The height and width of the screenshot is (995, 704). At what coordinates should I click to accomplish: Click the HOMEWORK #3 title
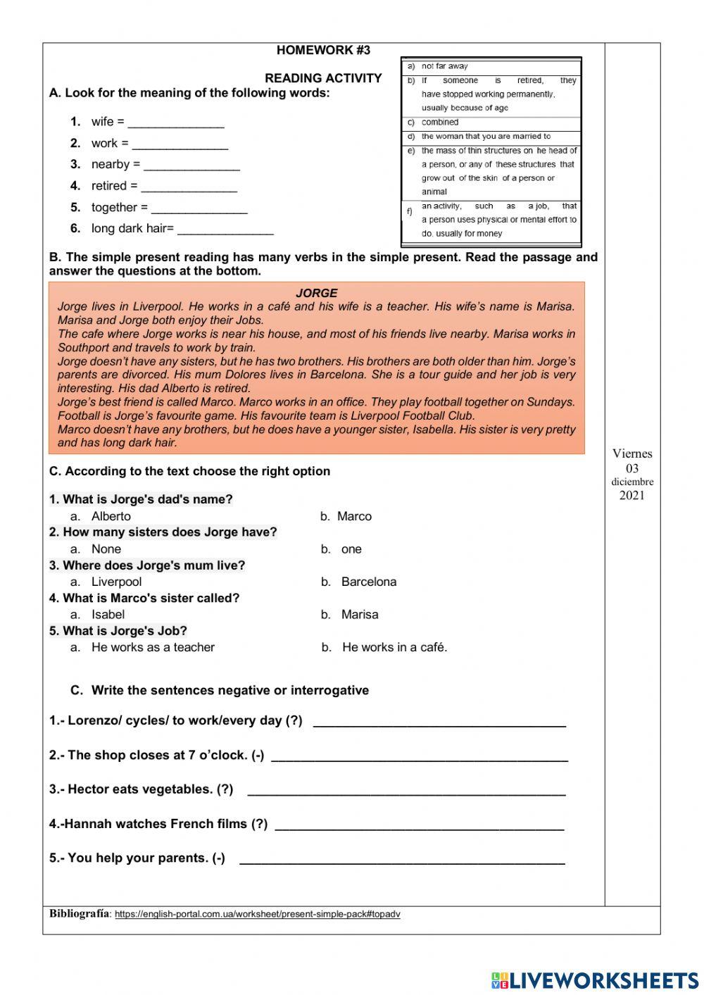tap(323, 50)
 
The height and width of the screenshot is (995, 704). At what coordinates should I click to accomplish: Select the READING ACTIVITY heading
tap(323, 78)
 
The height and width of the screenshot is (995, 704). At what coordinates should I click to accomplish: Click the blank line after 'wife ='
tap(176, 123)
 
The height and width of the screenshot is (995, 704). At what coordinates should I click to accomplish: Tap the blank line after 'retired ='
tap(189, 187)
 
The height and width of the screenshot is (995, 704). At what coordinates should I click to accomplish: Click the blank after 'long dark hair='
tap(225, 230)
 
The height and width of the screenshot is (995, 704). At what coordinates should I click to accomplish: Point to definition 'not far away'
tap(444, 66)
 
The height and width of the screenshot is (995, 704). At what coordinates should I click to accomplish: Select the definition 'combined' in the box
tap(440, 123)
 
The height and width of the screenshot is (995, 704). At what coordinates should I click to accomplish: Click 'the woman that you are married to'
tap(486, 137)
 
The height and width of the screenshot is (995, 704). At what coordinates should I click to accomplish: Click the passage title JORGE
tap(316, 293)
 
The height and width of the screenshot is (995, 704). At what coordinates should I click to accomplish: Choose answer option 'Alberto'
tap(111, 516)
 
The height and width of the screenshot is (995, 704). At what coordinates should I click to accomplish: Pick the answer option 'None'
tap(106, 549)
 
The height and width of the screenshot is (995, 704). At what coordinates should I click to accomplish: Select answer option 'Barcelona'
tap(368, 582)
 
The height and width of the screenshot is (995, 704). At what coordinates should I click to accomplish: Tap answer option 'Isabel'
tap(108, 615)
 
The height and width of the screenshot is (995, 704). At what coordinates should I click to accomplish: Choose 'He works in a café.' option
tap(394, 647)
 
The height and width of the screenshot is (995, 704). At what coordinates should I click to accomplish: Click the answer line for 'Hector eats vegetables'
tap(406, 790)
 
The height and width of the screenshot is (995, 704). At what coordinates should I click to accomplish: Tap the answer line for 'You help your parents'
tap(402, 858)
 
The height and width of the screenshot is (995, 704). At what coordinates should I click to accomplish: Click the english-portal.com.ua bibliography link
tap(257, 915)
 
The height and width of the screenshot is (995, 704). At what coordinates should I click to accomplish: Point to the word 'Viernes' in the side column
tap(632, 454)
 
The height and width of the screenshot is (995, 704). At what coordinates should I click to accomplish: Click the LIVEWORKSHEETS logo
tap(595, 980)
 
